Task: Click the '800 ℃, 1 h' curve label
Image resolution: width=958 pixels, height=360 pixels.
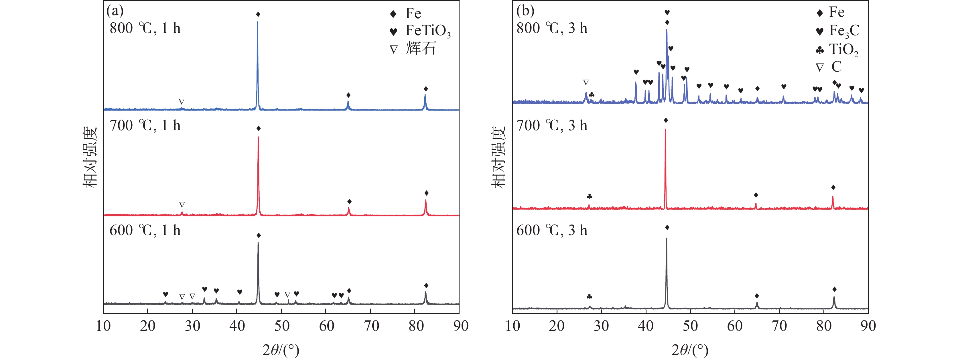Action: pos(145,28)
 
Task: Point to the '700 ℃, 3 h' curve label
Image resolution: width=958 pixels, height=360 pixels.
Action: pos(552,126)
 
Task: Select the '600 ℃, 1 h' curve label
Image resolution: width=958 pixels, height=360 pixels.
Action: pos(145,231)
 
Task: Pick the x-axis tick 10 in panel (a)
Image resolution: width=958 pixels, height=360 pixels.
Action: pos(103,326)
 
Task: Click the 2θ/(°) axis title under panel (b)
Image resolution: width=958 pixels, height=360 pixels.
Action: pos(690,350)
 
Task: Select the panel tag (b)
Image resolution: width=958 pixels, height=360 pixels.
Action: pos(525,11)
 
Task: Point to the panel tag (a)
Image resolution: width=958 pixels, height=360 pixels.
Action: pos(115,11)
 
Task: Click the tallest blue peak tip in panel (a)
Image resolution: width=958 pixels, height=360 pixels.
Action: pos(257,22)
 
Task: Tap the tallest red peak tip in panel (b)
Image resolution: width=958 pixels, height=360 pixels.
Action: pos(665,129)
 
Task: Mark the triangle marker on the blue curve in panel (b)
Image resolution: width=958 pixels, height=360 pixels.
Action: pos(586,82)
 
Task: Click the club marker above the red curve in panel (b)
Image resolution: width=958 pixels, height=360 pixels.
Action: pos(589,196)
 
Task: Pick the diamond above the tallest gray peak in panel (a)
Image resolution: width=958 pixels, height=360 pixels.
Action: pos(259,235)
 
